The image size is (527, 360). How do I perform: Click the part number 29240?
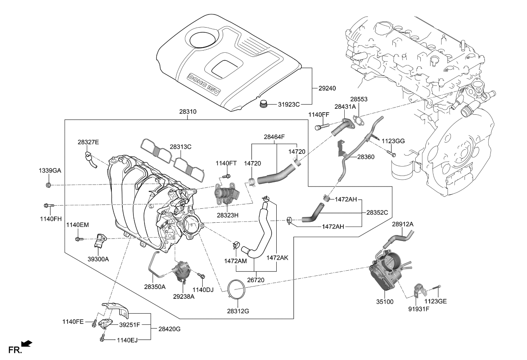point(327,88)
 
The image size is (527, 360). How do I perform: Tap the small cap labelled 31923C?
point(264,104)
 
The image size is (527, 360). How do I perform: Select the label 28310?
point(187,112)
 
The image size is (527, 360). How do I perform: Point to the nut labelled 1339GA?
point(49,185)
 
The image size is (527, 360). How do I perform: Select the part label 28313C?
point(181,147)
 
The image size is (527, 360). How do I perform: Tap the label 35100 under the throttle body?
point(385,302)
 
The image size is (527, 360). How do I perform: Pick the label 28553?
point(359,99)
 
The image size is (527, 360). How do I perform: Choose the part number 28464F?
point(274,137)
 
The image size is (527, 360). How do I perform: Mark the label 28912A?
point(402,224)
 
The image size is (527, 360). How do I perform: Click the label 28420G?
point(170,329)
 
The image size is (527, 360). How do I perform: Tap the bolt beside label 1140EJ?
point(102,338)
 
